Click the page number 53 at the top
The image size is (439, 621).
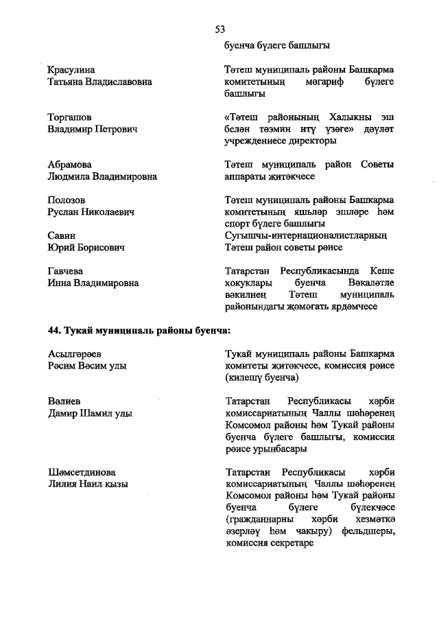[219, 29]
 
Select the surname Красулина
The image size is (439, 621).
[71, 70]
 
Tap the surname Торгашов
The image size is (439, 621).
[70, 117]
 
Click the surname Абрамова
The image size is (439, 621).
[70, 165]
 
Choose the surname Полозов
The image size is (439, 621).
[67, 200]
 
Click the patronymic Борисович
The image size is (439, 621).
[101, 247]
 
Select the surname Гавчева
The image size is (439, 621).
[68, 271]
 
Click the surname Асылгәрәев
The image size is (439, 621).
[75, 353]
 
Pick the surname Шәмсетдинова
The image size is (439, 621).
[82, 472]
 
